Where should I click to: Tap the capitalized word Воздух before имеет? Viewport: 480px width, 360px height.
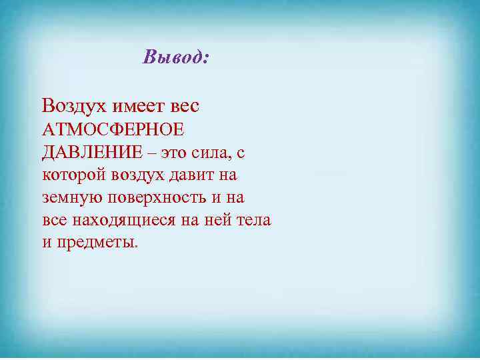(70, 106)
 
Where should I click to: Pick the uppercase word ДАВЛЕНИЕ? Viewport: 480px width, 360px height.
(92, 153)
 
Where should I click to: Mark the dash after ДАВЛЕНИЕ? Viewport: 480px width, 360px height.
(153, 153)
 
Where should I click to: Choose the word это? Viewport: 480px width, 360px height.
(175, 153)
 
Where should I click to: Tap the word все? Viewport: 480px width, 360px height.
(55, 221)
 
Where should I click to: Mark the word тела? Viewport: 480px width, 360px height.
(255, 221)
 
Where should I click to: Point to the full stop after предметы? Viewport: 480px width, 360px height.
(136, 247)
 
